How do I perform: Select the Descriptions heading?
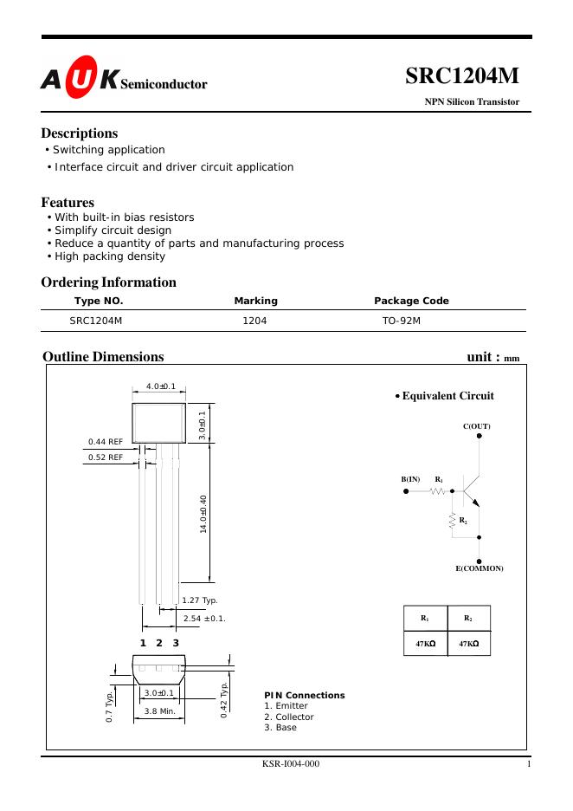pos(80,133)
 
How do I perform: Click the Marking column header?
pos(255,301)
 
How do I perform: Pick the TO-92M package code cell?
pos(402,321)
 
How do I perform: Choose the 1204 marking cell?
pos(255,321)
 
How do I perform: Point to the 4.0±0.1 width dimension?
pos(160,386)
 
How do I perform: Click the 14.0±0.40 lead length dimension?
pos(203,514)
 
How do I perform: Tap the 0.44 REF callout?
pos(106,442)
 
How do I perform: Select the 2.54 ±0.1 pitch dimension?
pos(204,618)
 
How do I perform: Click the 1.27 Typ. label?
pos(199,600)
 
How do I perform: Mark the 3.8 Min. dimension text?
pos(159,711)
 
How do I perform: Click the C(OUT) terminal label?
pos(477,426)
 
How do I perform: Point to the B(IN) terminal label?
pos(410,478)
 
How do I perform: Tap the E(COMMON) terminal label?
pos(480,568)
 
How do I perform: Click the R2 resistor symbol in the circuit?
pos(452,520)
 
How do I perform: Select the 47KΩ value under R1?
pos(425,644)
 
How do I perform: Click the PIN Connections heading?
pos(304,695)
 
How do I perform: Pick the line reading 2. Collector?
pos(289,717)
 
